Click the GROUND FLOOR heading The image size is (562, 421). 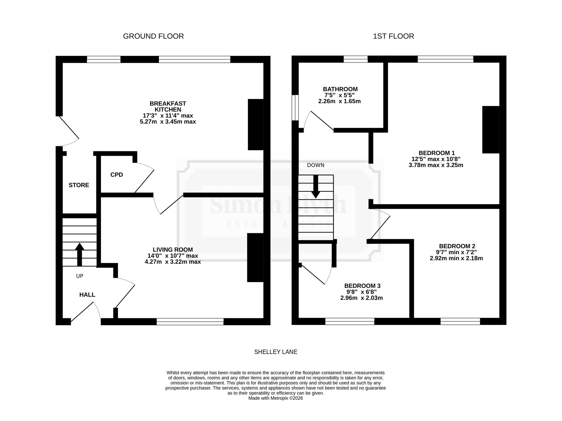click(x=153, y=36)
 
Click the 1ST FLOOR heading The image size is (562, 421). click(x=393, y=36)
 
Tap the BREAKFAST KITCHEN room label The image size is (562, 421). click(x=168, y=107)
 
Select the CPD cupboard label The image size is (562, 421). click(x=117, y=175)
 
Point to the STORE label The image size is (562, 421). click(x=79, y=185)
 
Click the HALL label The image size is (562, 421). click(x=87, y=295)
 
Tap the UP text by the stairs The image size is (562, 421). click(x=80, y=276)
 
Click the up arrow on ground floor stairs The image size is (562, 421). click(x=80, y=254)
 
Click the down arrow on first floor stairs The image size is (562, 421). click(x=316, y=187)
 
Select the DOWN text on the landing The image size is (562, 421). click(x=316, y=165)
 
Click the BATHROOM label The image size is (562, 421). click(x=340, y=89)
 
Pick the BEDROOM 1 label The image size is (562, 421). click(x=437, y=153)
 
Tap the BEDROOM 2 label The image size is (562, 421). click(x=457, y=246)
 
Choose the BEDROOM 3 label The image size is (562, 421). click(x=362, y=286)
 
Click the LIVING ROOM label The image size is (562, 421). click(x=173, y=250)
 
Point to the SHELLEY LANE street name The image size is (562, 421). click(x=276, y=352)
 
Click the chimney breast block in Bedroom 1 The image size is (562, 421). click(x=491, y=130)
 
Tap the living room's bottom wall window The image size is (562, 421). click(x=190, y=322)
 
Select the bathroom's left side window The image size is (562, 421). click(x=295, y=108)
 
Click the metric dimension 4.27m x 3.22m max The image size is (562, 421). click(x=173, y=262)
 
